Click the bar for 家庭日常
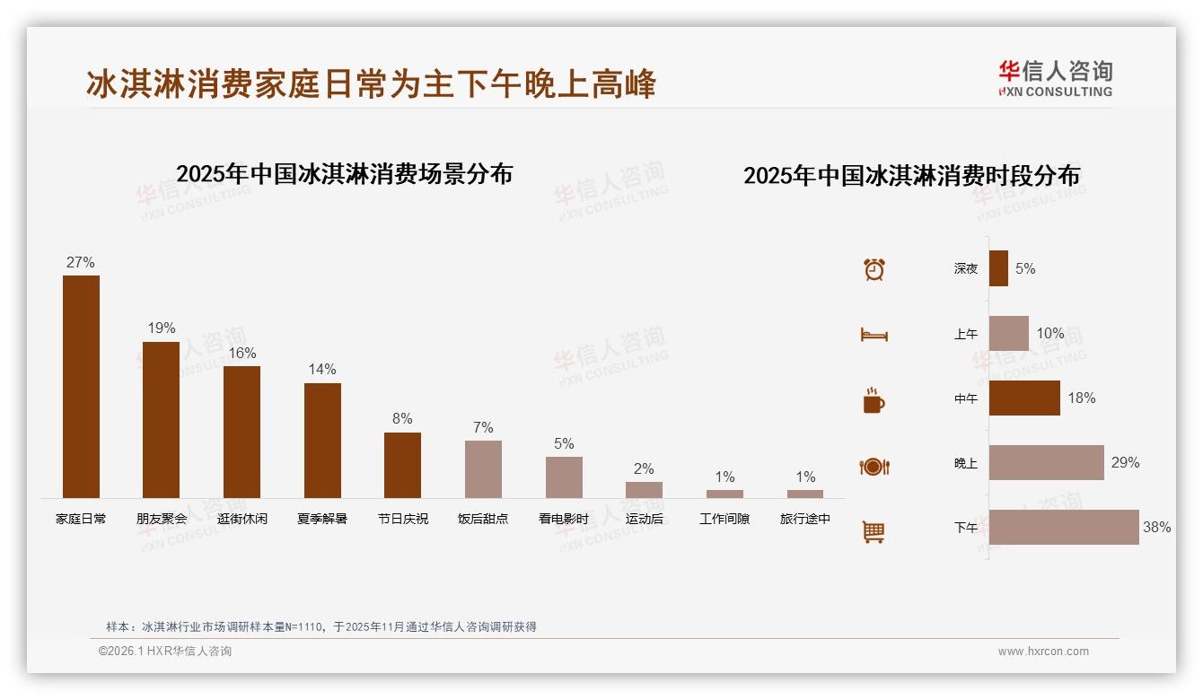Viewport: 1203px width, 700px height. (x=81, y=387)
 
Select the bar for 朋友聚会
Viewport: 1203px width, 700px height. (x=161, y=420)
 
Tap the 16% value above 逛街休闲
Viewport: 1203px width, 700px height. (x=241, y=353)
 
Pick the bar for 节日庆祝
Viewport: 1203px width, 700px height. (x=402, y=465)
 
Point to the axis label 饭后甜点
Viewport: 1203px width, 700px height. (x=483, y=519)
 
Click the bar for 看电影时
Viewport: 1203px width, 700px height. (x=564, y=477)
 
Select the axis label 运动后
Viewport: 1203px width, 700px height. (x=645, y=519)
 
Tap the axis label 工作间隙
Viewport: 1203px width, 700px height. (x=724, y=519)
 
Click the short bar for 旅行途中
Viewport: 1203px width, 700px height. (x=805, y=494)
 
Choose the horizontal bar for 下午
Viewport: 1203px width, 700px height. (x=1064, y=528)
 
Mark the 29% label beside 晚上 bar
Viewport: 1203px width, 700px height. (x=1125, y=463)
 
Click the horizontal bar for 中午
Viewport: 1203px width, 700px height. (x=1024, y=398)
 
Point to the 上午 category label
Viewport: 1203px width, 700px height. (x=966, y=334)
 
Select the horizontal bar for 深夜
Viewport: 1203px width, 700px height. (x=998, y=268)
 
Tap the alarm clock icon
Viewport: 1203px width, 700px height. (x=874, y=269)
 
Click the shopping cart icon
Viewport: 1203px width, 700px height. (x=874, y=531)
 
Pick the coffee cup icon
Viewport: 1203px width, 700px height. (x=874, y=400)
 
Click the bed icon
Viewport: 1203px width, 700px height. (x=874, y=335)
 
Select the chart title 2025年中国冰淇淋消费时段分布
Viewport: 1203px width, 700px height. (x=911, y=175)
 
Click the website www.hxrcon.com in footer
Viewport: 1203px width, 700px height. (x=1043, y=652)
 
